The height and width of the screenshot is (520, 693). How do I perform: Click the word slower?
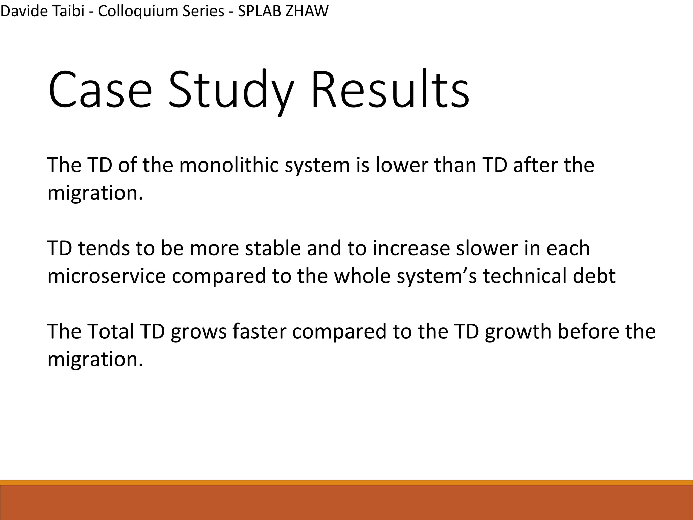click(x=487, y=248)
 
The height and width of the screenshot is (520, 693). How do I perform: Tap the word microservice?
click(x=107, y=276)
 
